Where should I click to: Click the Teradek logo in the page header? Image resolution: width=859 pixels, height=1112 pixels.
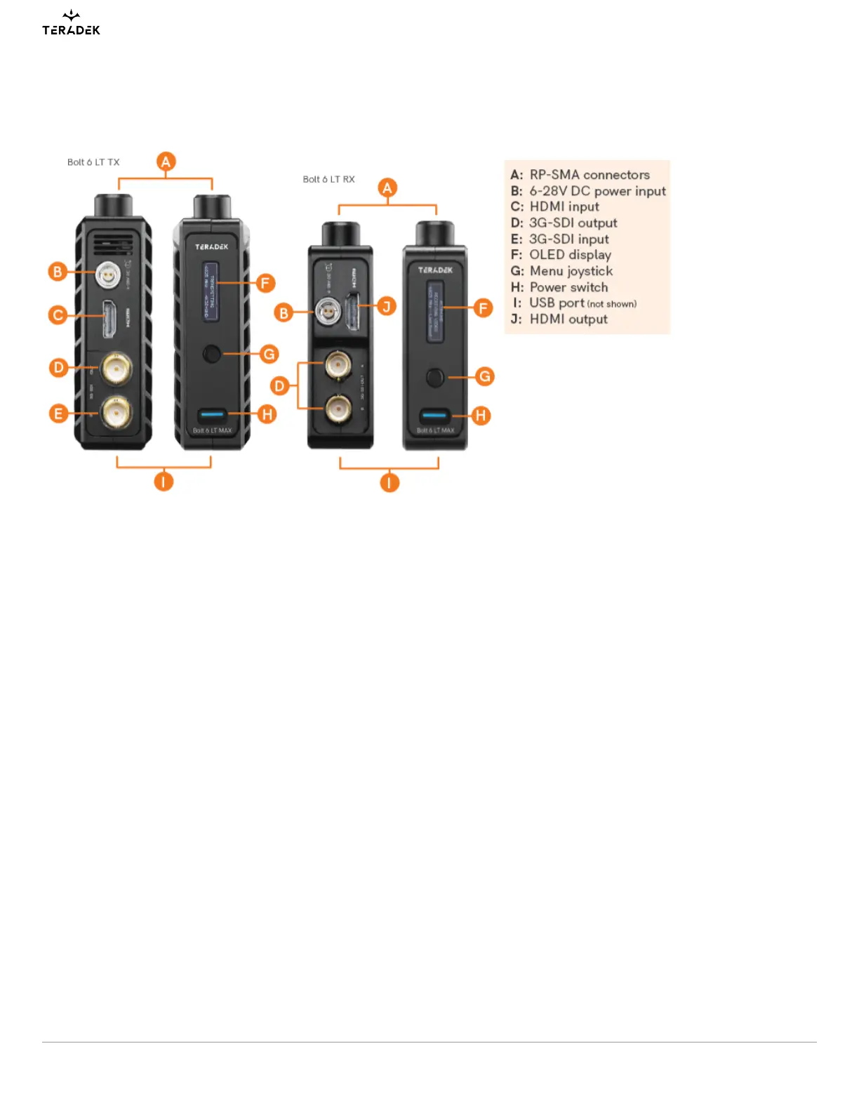click(x=71, y=24)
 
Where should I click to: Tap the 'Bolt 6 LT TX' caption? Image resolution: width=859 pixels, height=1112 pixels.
click(x=93, y=162)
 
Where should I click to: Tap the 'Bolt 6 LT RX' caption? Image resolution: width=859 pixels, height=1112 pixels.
click(x=328, y=180)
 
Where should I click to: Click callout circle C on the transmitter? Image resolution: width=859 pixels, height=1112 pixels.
click(x=58, y=315)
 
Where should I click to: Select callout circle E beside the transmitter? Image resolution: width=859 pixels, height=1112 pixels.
click(x=59, y=413)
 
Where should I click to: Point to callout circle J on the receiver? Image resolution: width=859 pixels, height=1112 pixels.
click(x=386, y=306)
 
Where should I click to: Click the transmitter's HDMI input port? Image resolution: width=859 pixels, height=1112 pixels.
click(x=110, y=319)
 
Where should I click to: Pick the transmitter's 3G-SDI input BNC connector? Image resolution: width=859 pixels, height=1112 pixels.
click(x=116, y=413)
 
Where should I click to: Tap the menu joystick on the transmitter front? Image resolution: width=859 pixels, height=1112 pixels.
click(x=211, y=354)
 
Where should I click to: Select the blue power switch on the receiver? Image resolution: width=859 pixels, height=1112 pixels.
click(x=434, y=415)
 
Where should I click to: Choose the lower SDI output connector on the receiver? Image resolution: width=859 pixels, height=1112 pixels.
click(x=339, y=407)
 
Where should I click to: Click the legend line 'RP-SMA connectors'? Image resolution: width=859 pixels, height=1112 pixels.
click(x=589, y=175)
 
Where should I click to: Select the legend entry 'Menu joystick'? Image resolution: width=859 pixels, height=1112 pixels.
click(x=571, y=271)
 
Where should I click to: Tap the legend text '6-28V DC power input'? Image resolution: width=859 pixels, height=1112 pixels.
click(x=597, y=191)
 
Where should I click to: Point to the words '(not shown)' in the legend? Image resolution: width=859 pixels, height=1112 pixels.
click(x=611, y=304)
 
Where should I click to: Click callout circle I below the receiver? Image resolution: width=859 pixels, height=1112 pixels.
click(x=389, y=482)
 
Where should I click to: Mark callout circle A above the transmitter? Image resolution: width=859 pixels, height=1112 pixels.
click(x=166, y=162)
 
